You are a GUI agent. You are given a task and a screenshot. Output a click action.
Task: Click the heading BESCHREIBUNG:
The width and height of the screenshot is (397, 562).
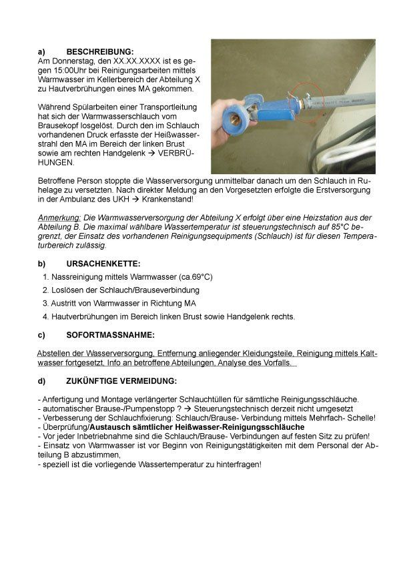point(100,51)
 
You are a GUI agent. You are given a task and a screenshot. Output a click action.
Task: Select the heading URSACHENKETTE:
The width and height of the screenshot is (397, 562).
point(103,264)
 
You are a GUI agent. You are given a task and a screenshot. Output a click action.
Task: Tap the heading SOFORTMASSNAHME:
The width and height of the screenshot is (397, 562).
point(110,334)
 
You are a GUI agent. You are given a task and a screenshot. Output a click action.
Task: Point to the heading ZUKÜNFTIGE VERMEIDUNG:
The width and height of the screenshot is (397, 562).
point(121,381)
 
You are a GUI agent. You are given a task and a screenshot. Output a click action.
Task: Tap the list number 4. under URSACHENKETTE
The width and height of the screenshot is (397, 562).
point(45,316)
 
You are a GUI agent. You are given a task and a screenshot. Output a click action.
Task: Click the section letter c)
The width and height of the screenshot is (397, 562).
point(41,334)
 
